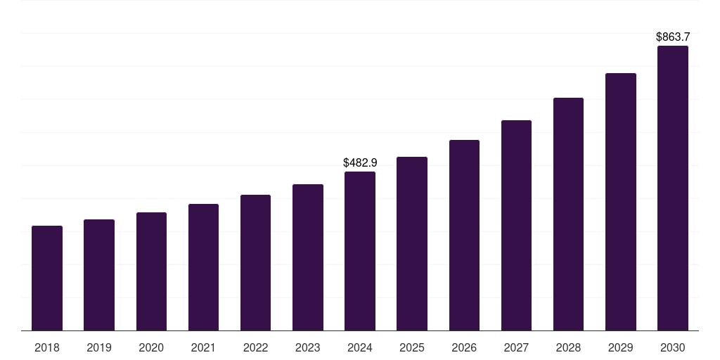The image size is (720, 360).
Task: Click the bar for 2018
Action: (47, 278)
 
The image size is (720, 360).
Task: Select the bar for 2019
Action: (99, 275)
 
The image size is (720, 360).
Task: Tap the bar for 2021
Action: (203, 267)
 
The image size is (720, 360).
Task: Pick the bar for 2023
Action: (308, 257)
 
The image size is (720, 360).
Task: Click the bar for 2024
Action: (360, 251)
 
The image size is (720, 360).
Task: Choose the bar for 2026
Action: (464, 236)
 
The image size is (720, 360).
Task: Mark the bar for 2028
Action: (568, 214)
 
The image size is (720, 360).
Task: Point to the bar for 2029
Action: (621, 202)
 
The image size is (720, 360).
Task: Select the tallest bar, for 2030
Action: (673, 188)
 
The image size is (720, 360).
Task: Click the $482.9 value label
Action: (360, 162)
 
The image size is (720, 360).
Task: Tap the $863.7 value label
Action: (673, 37)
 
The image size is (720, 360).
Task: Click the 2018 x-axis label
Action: (47, 347)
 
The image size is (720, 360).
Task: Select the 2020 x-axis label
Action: (151, 347)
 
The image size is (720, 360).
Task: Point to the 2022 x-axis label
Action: (256, 347)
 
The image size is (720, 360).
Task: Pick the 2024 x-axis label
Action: (360, 347)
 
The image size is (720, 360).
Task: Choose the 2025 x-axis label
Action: (412, 347)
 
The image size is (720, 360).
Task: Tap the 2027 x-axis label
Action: (516, 347)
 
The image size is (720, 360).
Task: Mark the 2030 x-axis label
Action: (673, 347)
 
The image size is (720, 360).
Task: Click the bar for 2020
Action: (151, 271)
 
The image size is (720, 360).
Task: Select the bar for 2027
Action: (516, 226)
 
